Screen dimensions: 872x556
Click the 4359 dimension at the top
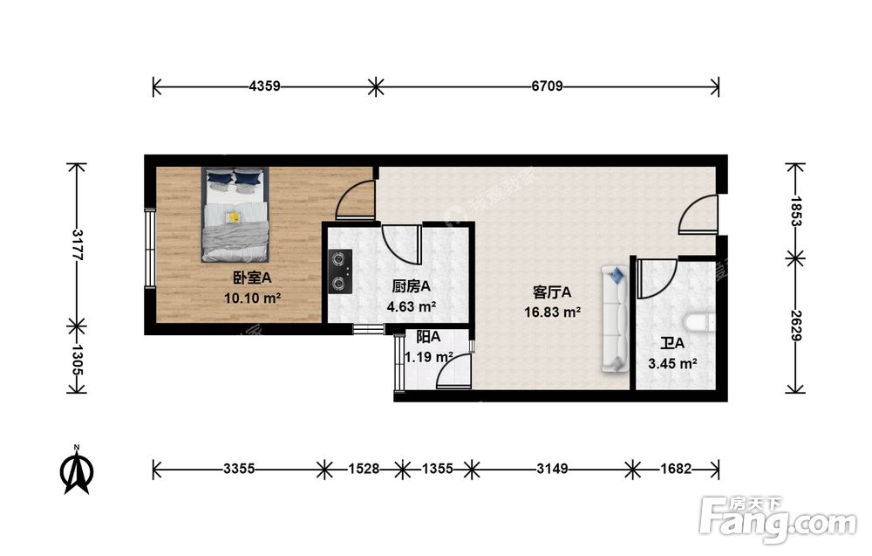[265, 86]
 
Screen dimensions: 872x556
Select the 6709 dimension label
[548, 86]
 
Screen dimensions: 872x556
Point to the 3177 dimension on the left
[78, 245]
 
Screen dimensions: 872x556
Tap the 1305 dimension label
[78, 360]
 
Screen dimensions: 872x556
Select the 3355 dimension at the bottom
[239, 470]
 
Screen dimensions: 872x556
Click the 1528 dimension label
[364, 470]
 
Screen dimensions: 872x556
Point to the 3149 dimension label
[552, 470]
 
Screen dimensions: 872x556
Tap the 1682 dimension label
[676, 470]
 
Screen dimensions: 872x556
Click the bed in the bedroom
[235, 215]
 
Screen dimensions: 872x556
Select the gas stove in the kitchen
[340, 271]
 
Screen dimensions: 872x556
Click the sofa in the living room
[614, 319]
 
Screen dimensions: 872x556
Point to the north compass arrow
[77, 470]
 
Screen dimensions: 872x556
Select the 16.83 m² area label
[553, 312]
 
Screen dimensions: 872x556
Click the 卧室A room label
[252, 278]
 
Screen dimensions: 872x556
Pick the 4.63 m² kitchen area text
[412, 306]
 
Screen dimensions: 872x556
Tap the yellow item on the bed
[234, 216]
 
